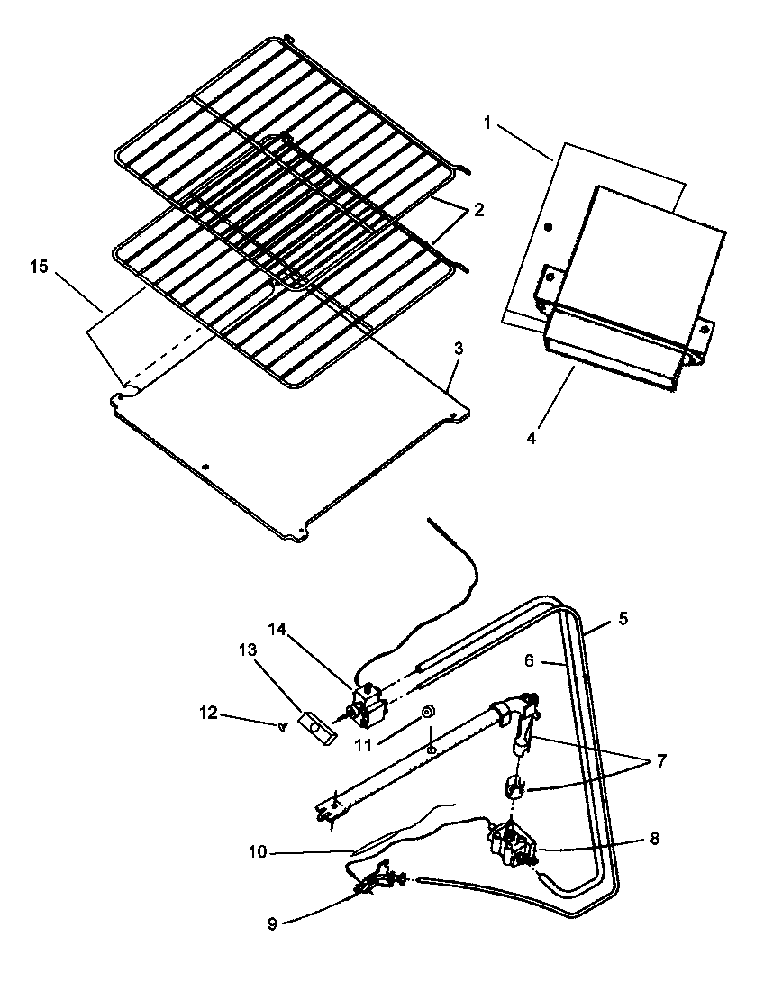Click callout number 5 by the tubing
(623, 619)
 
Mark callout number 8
(654, 838)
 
